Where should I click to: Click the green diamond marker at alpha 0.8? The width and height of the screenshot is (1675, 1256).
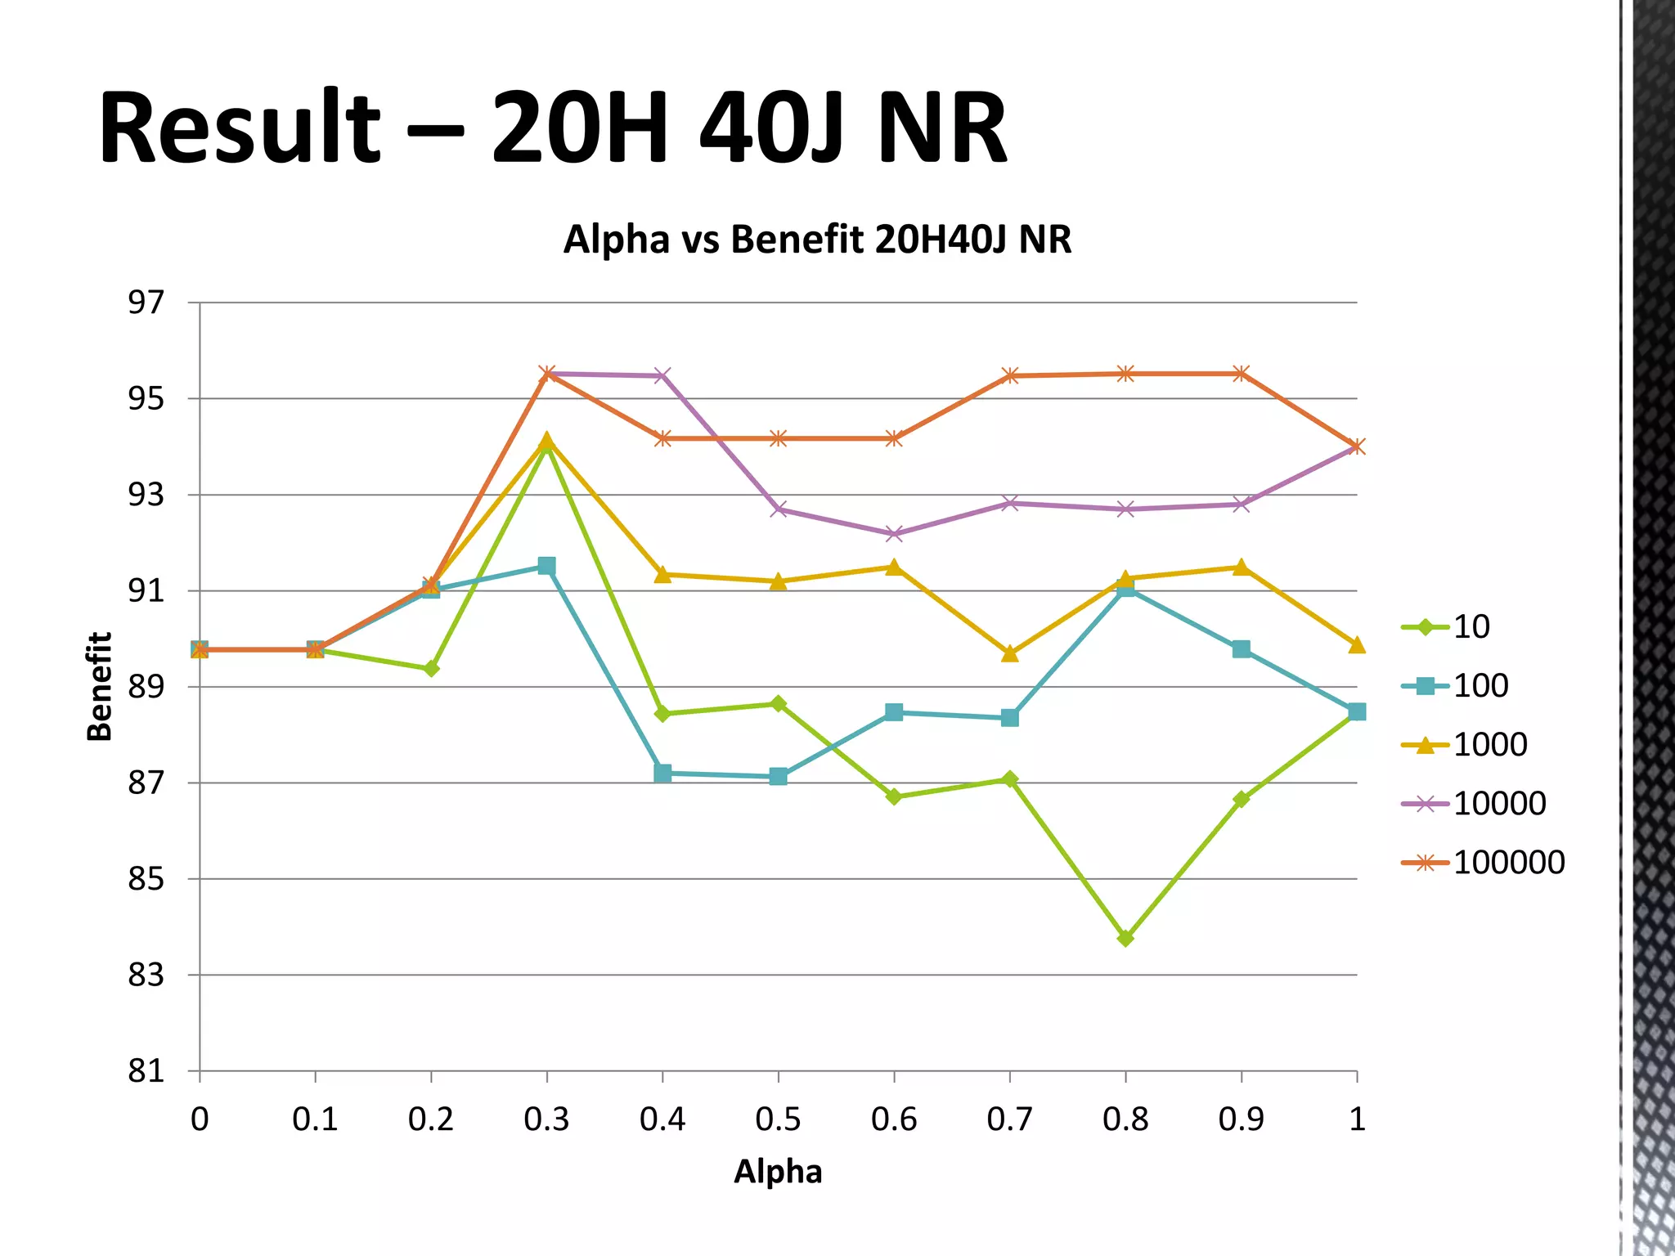[x=1125, y=938]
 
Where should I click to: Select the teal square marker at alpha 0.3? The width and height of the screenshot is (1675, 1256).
[x=546, y=566]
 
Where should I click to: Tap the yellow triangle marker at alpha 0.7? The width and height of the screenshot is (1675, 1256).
[x=1010, y=653]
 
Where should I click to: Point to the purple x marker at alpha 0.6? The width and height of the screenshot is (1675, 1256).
[x=894, y=534]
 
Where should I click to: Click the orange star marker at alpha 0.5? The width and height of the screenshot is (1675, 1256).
[x=778, y=438]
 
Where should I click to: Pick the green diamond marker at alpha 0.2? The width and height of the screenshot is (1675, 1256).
[x=431, y=669]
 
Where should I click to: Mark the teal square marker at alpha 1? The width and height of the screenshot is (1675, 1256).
[x=1357, y=711]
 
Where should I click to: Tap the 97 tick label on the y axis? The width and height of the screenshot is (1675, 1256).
[x=146, y=303]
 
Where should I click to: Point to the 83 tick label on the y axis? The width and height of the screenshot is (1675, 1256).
[x=146, y=976]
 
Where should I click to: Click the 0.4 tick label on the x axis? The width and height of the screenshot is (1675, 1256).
[x=662, y=1119]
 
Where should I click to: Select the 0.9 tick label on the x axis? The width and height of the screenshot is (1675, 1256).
[x=1241, y=1119]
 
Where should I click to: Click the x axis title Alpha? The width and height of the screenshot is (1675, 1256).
[x=778, y=1172]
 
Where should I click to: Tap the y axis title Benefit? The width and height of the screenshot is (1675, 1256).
[x=99, y=686]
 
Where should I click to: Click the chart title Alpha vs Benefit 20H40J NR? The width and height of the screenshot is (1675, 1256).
[x=817, y=240]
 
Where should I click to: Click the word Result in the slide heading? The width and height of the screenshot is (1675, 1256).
[x=239, y=128]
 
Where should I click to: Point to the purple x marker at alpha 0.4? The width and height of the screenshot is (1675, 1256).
[x=662, y=375]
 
